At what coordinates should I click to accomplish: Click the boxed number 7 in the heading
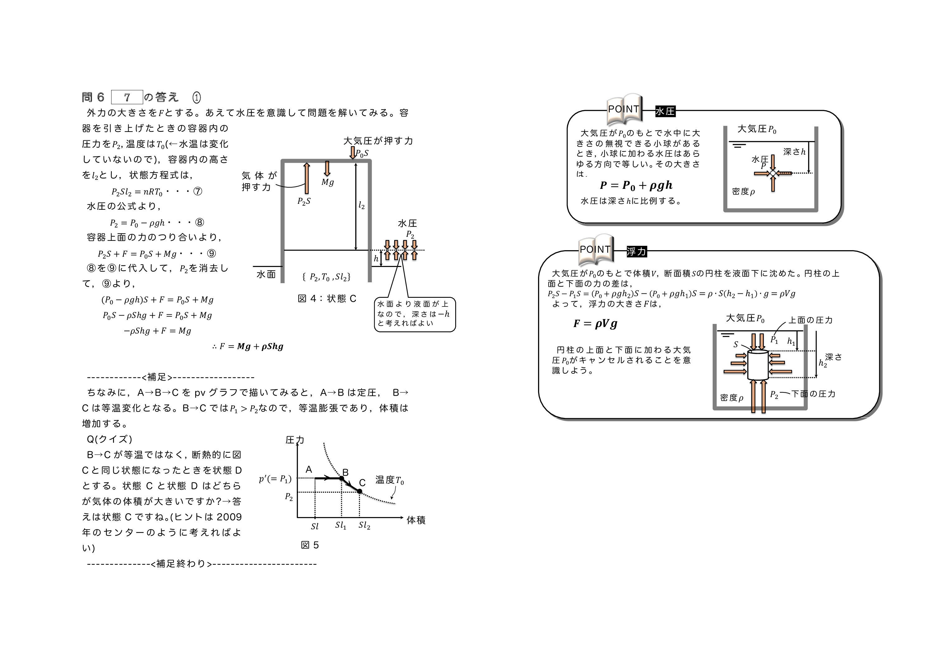tap(127, 97)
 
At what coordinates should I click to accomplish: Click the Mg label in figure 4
tap(328, 182)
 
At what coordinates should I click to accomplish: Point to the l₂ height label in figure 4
tap(361, 205)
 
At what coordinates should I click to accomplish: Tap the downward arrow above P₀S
tap(353, 152)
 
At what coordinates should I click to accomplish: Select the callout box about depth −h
tap(415, 314)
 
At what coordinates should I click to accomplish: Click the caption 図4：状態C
tap(327, 299)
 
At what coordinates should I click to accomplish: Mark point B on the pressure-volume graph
tap(342, 478)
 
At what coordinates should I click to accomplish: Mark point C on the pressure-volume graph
tap(359, 491)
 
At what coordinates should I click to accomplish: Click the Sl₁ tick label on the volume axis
tap(341, 526)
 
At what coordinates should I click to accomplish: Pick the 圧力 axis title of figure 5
tap(295, 440)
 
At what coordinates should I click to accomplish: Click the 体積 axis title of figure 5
tap(416, 520)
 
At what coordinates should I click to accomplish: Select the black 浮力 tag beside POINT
tap(637, 251)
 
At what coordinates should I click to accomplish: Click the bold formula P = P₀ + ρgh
tap(636, 185)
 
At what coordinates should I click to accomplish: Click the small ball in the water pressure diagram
tap(773, 173)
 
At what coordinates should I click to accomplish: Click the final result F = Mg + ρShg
tap(248, 346)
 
